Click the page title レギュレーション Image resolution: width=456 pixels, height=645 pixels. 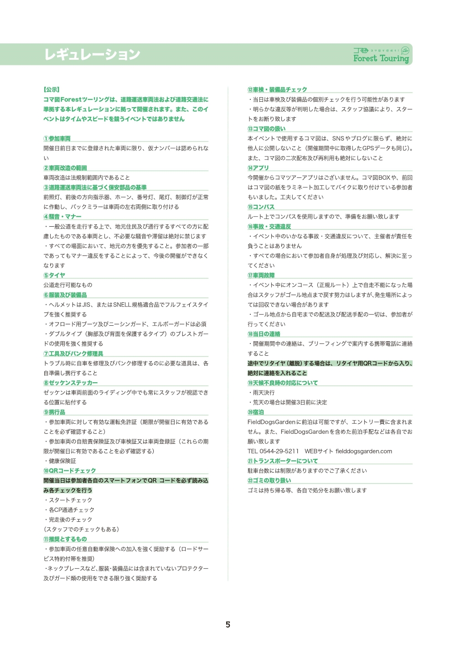pyautogui.click(x=92, y=54)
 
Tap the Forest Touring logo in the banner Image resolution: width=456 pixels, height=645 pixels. pyautogui.click(x=381, y=55)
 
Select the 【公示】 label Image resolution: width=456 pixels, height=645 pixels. pyautogui.click(x=52, y=90)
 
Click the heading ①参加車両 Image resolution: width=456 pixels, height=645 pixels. pyautogui.click(x=57, y=139)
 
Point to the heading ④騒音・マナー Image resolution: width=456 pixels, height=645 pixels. pyautogui.click(x=62, y=217)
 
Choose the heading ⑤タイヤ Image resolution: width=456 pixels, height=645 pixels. pyautogui.click(x=54, y=276)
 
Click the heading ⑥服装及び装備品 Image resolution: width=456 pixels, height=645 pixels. pyautogui.click(x=65, y=295)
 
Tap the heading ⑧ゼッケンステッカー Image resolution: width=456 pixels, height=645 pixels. pyautogui.click(x=71, y=383)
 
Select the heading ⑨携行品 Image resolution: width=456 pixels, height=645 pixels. pyautogui.click(x=54, y=412)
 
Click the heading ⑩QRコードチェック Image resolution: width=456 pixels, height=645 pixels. pyautogui.click(x=70, y=471)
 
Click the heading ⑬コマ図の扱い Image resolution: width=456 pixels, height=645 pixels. pyautogui.click(x=266, y=129)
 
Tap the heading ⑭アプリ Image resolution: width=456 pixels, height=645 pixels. pyautogui.click(x=258, y=168)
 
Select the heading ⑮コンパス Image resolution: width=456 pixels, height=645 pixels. pyautogui.click(x=261, y=207)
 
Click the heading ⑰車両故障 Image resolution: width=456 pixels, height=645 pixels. pyautogui.click(x=261, y=276)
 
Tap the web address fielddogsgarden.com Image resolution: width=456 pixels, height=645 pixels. pyautogui.click(x=364, y=451)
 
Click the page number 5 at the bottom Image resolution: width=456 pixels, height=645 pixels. pyautogui.click(x=228, y=624)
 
